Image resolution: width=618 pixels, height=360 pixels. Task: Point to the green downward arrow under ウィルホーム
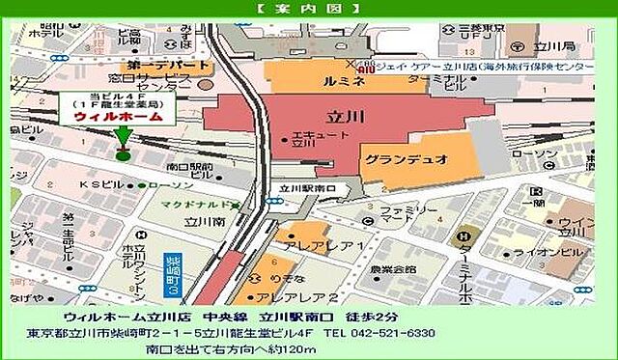(123, 137)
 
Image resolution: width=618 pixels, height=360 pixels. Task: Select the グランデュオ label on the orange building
(420, 158)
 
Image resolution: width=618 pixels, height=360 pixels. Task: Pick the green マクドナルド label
(201, 206)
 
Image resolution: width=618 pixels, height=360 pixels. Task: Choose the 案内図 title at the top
(309, 8)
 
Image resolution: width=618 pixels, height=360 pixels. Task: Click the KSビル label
(98, 184)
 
